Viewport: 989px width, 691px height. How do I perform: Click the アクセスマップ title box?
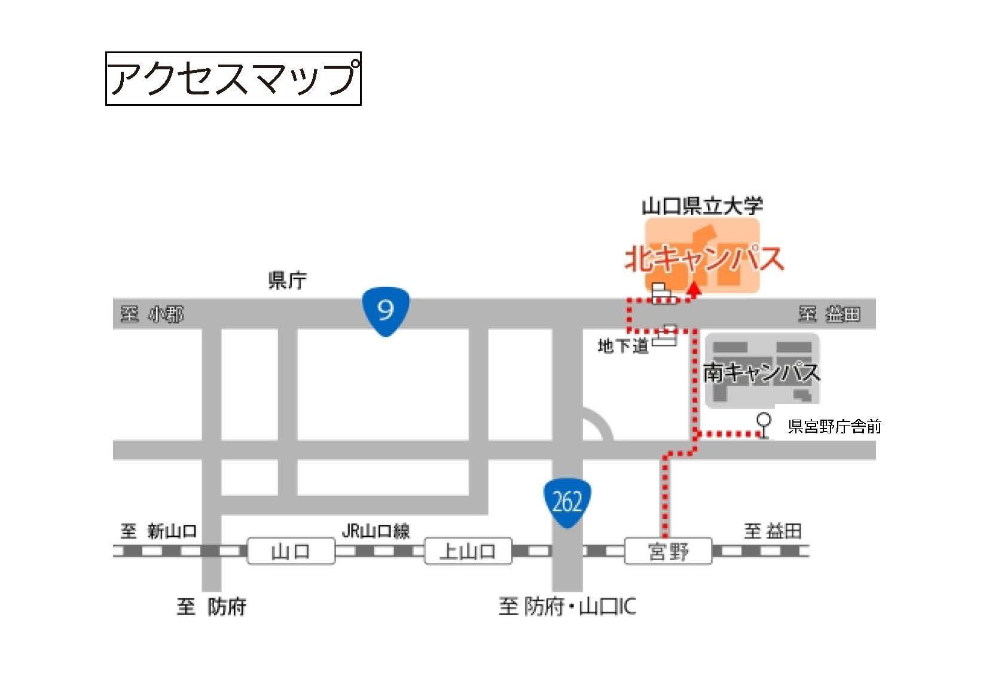pyautogui.click(x=233, y=78)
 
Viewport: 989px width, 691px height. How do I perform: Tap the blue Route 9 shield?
pyautogui.click(x=386, y=311)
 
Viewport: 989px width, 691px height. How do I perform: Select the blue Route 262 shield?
pyautogui.click(x=567, y=503)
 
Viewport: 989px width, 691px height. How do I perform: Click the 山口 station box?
pyautogui.click(x=291, y=551)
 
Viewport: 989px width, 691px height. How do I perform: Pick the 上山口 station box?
pyautogui.click(x=468, y=551)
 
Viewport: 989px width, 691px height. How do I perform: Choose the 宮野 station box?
pyautogui.click(x=668, y=551)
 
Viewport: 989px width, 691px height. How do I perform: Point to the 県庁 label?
pyautogui.click(x=288, y=280)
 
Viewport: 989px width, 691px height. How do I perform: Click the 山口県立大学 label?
pyautogui.click(x=702, y=206)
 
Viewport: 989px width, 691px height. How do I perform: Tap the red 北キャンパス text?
pyautogui.click(x=704, y=259)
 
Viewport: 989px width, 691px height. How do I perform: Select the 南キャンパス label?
pyautogui.click(x=761, y=372)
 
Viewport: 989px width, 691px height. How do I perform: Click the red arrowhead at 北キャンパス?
pyautogui.click(x=694, y=291)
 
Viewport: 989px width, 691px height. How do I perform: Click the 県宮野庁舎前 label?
pyautogui.click(x=834, y=426)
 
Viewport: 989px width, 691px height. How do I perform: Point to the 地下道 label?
pyautogui.click(x=623, y=345)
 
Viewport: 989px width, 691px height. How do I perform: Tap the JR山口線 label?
pyautogui.click(x=376, y=530)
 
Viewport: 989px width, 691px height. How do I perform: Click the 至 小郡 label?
pyautogui.click(x=152, y=314)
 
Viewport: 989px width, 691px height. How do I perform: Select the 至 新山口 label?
pyautogui.click(x=158, y=530)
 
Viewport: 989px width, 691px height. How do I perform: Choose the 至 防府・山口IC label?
pyautogui.click(x=567, y=607)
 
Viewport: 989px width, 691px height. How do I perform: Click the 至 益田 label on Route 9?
pyautogui.click(x=829, y=314)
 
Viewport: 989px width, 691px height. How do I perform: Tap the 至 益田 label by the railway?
pyautogui.click(x=773, y=530)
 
